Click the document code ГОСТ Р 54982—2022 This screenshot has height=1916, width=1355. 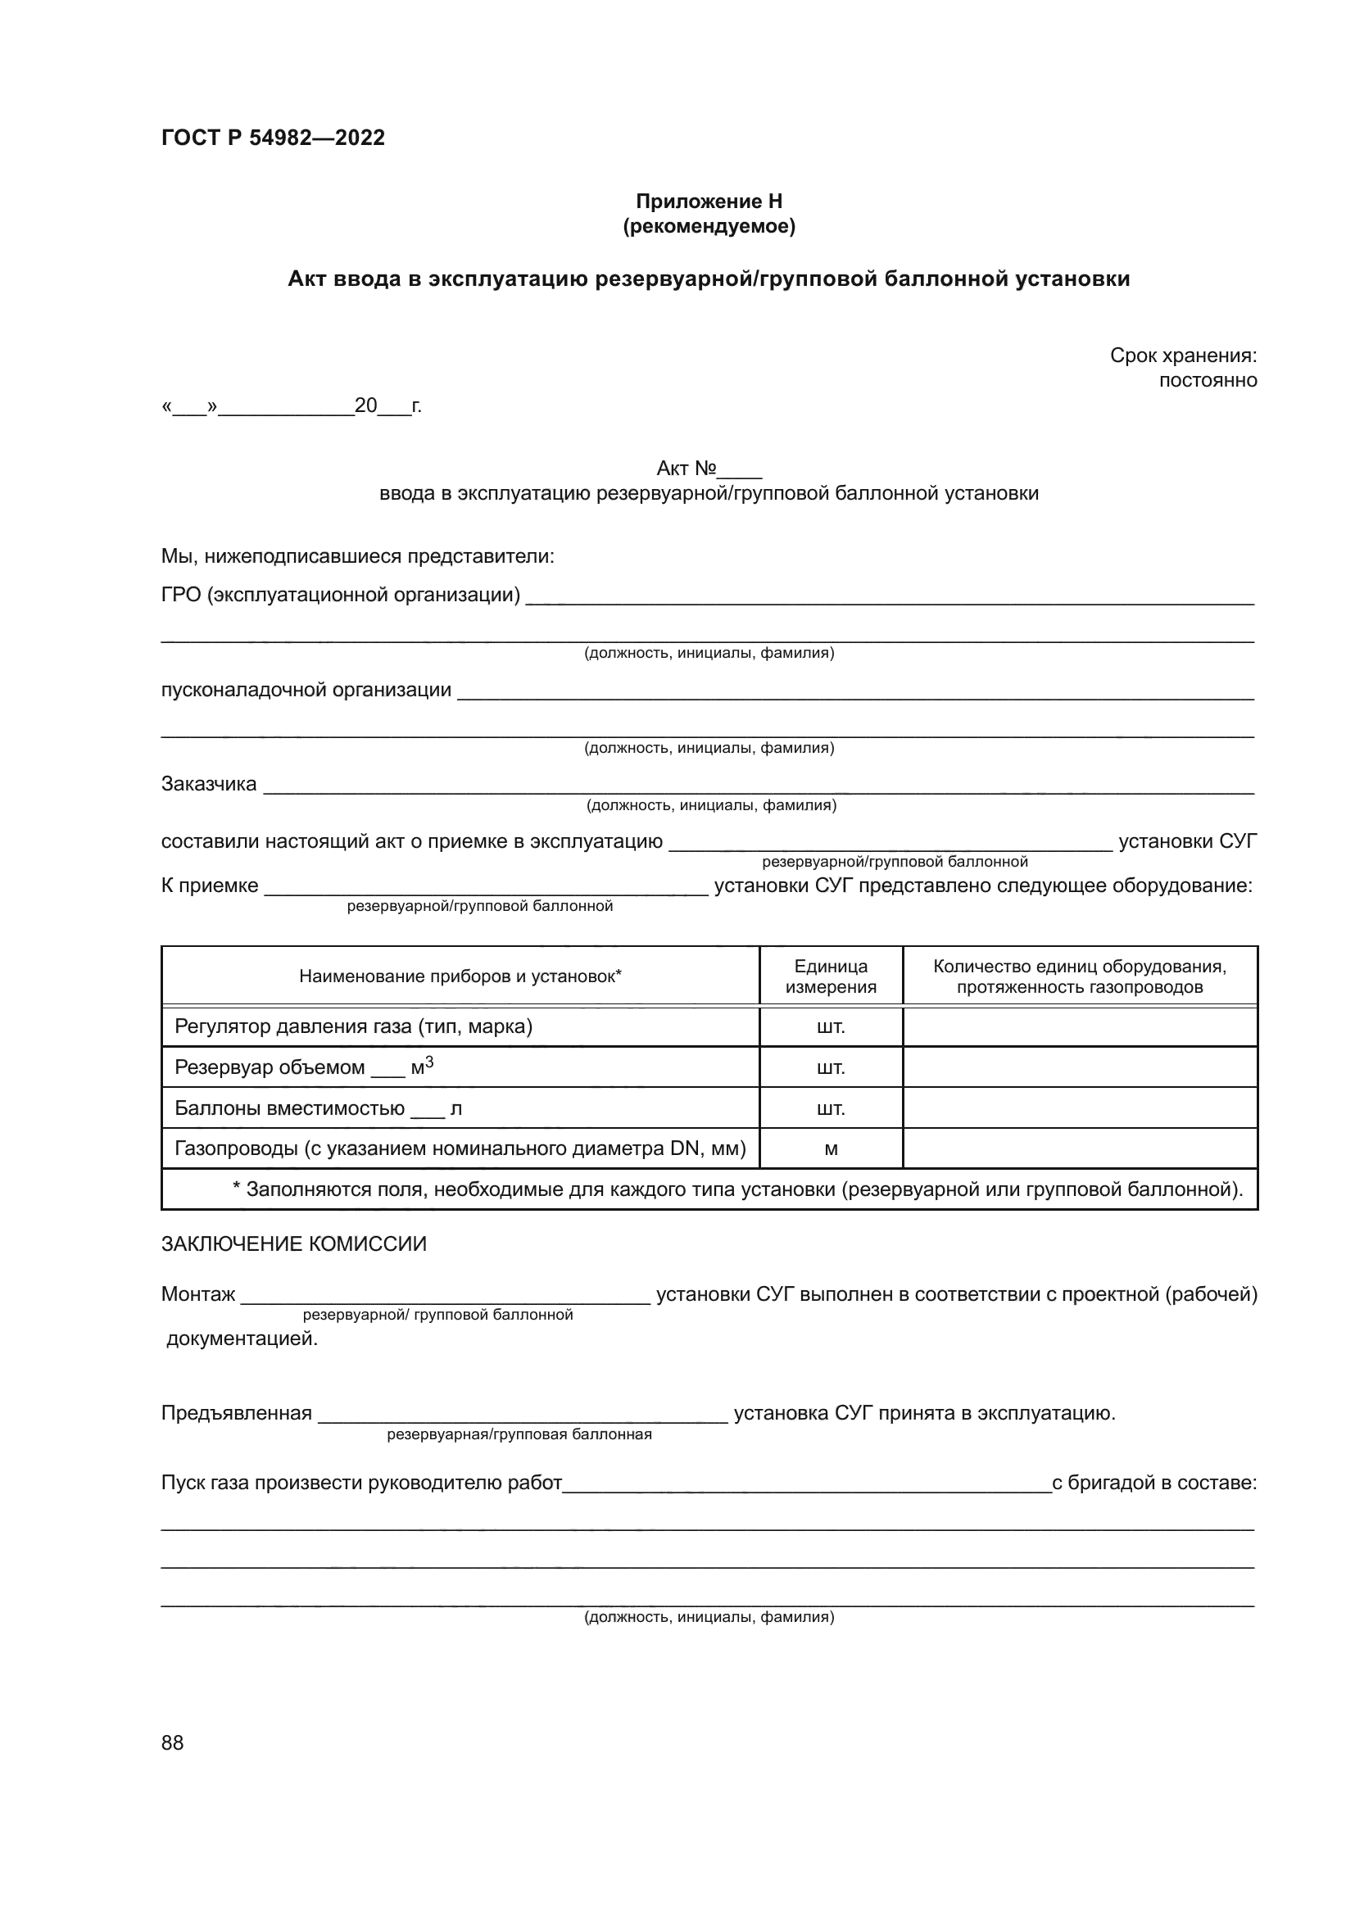(x=273, y=138)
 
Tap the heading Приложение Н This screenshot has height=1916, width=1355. (x=709, y=202)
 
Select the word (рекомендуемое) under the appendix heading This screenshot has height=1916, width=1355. (x=709, y=226)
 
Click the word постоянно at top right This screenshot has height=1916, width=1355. (x=1208, y=381)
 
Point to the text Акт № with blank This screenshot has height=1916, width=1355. (x=709, y=469)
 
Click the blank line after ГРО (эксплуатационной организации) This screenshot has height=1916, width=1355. (x=889, y=597)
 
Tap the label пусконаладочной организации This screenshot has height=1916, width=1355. (x=306, y=690)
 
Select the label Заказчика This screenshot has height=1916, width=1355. (x=209, y=784)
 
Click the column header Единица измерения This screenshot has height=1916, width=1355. (x=830, y=976)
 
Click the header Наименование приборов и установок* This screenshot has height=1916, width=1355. (x=460, y=976)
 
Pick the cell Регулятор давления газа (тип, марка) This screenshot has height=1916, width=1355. (x=353, y=1026)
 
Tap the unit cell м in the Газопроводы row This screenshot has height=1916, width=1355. (x=830, y=1149)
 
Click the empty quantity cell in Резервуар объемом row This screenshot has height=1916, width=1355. (x=1079, y=1067)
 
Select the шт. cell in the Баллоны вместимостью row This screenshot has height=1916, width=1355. (x=830, y=1108)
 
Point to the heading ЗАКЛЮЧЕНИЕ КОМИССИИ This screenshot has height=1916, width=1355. (x=294, y=1244)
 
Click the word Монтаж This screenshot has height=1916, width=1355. (x=198, y=1294)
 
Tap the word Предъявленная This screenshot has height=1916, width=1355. (x=236, y=1414)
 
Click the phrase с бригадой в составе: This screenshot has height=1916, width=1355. (x=1154, y=1483)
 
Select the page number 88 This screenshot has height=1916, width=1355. (x=173, y=1743)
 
